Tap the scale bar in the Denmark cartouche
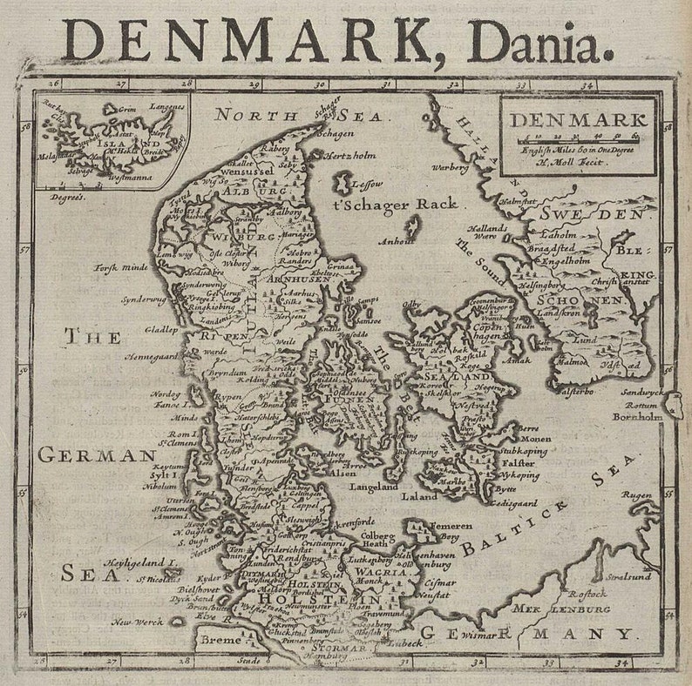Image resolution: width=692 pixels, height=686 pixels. click(576, 138)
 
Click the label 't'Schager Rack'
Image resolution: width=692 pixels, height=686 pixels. click(395, 204)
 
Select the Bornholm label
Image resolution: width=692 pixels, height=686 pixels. click(637, 416)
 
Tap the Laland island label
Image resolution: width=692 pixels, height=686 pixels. click(419, 496)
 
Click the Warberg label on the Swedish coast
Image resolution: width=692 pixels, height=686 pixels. click(451, 167)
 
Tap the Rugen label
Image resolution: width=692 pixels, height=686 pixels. click(637, 495)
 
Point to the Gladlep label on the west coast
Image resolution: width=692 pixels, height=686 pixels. click(161, 330)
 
